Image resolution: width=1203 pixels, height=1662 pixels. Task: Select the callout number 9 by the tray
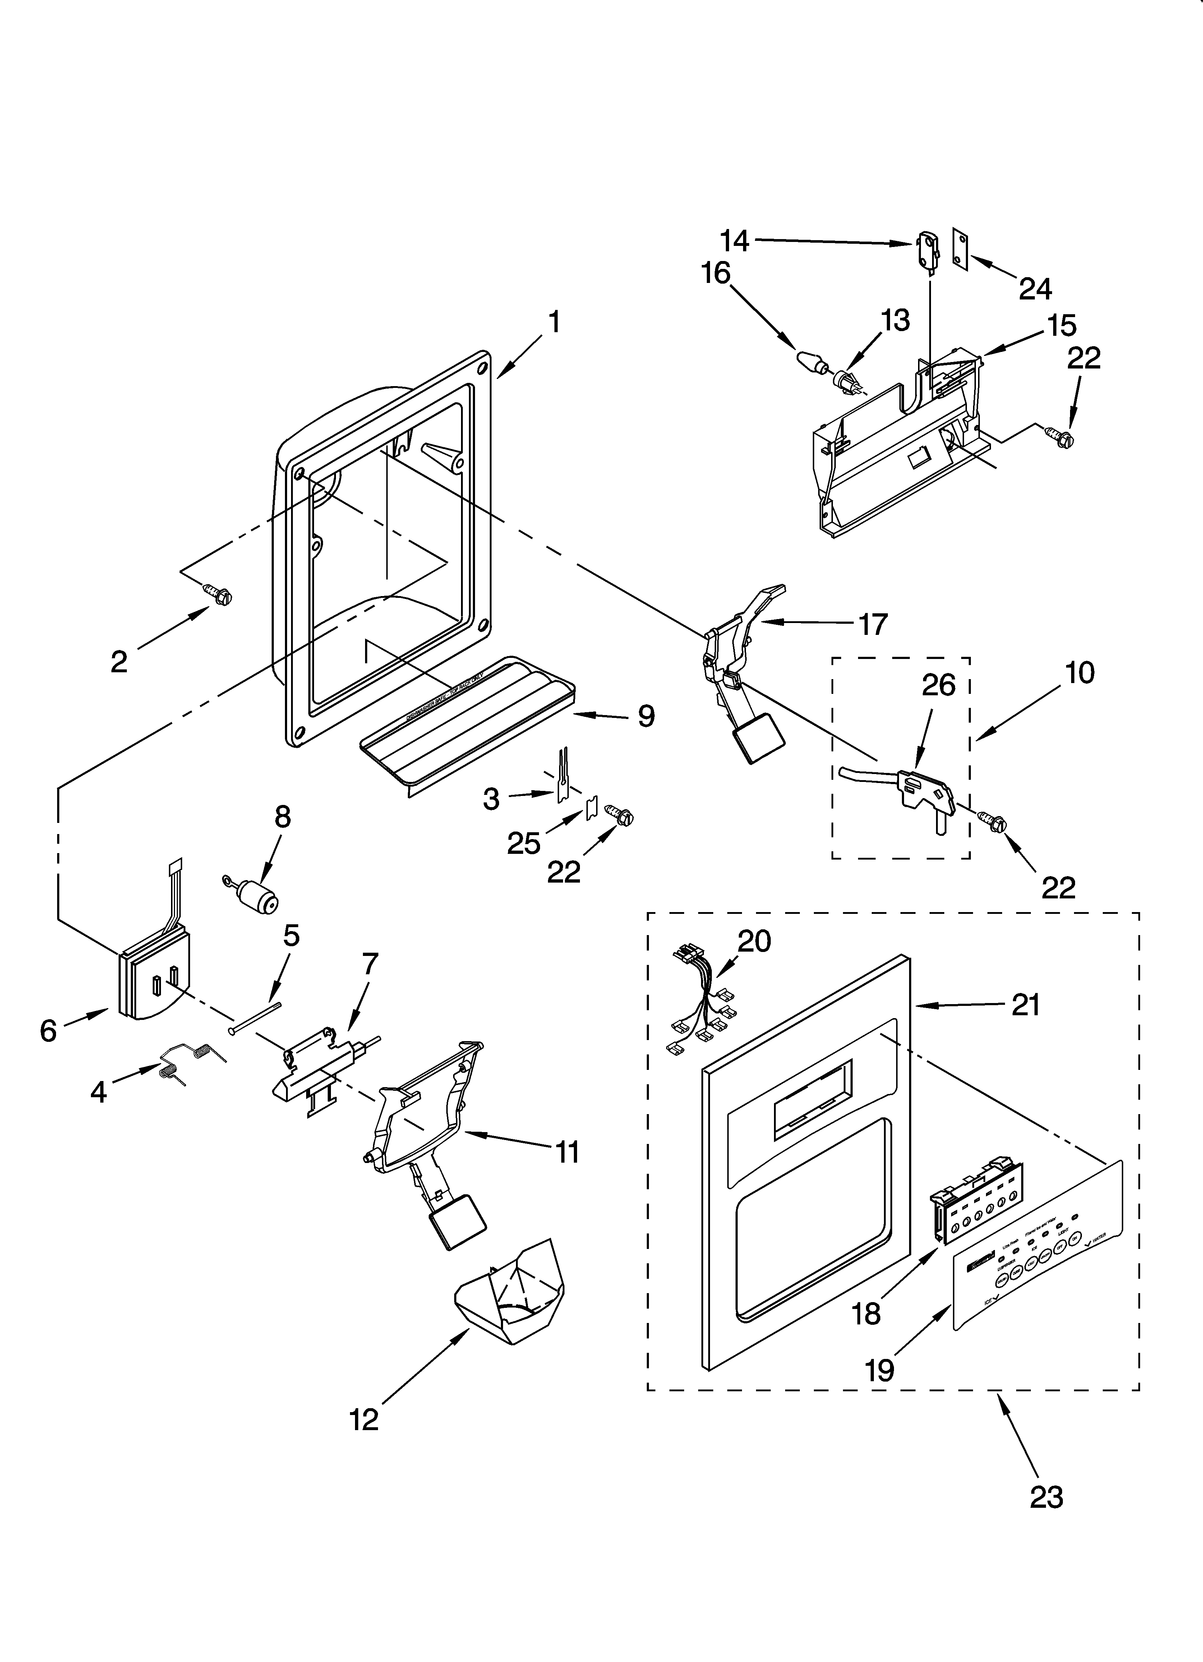(645, 716)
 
